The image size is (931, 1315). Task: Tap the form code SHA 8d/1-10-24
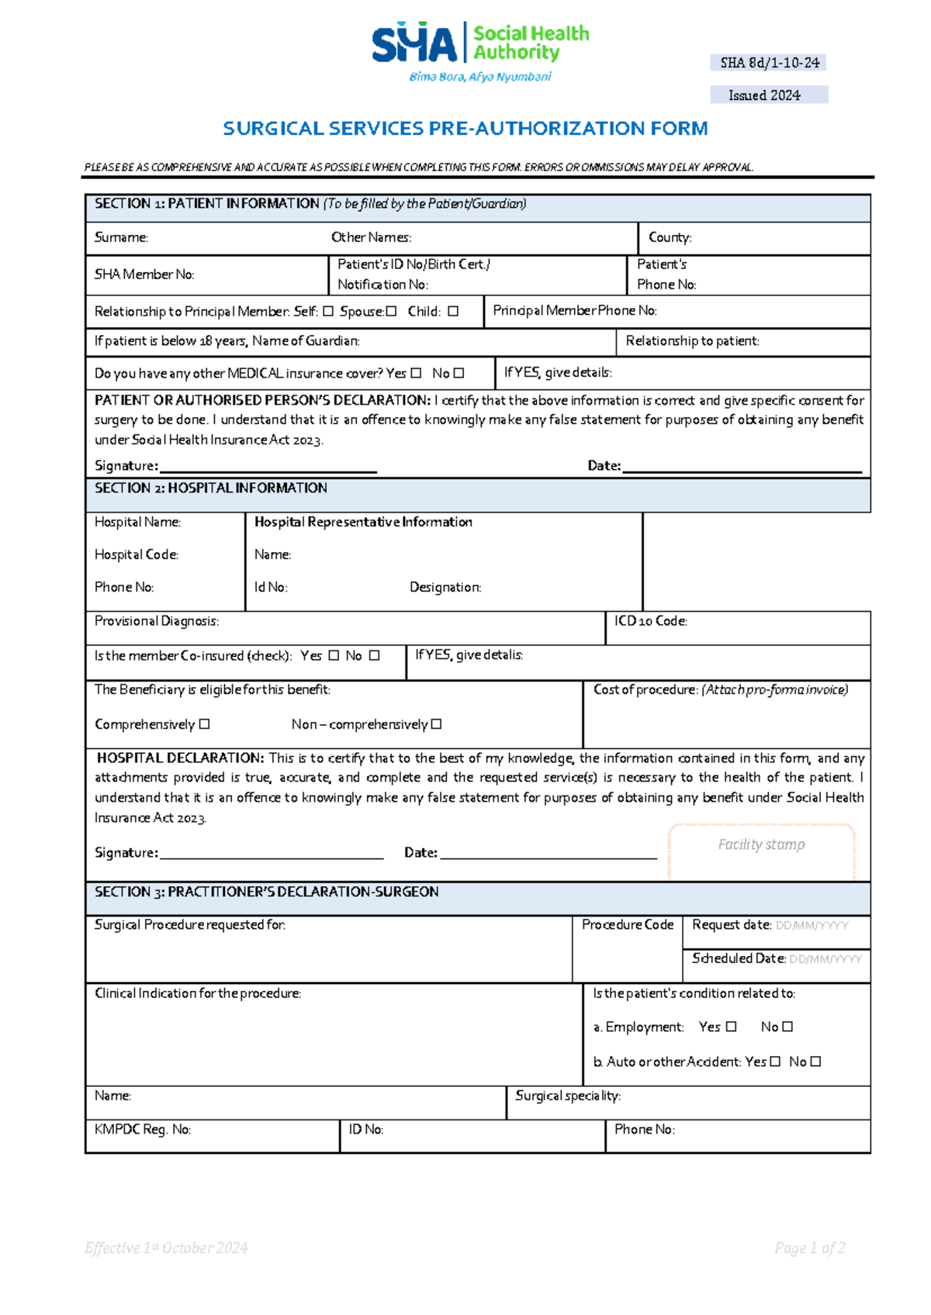(769, 63)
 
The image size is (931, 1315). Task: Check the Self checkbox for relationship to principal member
(328, 311)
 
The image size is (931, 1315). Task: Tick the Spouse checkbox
(391, 311)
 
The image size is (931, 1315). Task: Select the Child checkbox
(453, 311)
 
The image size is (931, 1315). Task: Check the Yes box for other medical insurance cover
(416, 373)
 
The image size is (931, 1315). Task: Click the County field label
(670, 237)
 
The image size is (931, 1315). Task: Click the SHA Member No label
(144, 274)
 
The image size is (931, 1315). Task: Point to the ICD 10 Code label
(650, 621)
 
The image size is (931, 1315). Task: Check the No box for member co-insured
(375, 655)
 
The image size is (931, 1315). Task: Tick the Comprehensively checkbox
(204, 724)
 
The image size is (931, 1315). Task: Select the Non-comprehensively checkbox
(436, 724)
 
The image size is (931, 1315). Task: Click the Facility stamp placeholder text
(761, 844)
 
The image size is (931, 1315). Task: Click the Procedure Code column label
(628, 924)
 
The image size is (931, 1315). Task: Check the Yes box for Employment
(731, 1027)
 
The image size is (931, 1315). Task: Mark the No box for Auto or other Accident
(815, 1061)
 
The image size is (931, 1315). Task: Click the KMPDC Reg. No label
(143, 1130)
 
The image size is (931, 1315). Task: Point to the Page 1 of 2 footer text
(809, 1248)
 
